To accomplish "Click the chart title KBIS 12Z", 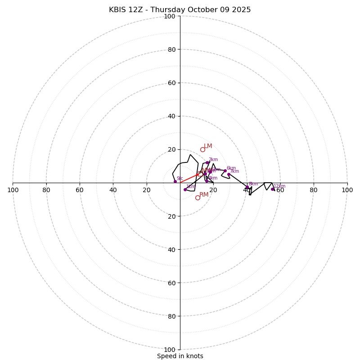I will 180,10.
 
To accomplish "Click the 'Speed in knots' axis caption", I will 180,356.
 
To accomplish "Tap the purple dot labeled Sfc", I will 175,181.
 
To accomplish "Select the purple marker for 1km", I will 185,189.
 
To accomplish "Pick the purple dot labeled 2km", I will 207,162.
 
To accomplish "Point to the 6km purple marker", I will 225,171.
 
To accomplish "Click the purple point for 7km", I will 229,174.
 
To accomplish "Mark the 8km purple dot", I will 247,187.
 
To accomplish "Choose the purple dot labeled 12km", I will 272,189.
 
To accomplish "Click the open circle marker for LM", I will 202,149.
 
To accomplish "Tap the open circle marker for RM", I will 198,198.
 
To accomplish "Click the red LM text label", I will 208,146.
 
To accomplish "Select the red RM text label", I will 204,195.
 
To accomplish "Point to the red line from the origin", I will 189,178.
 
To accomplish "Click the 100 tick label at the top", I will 170,16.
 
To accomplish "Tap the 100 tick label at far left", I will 13,190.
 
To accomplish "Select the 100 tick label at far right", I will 347,190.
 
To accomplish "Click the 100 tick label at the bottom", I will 170,350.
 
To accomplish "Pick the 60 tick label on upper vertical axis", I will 171,83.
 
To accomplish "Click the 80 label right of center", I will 314,190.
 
